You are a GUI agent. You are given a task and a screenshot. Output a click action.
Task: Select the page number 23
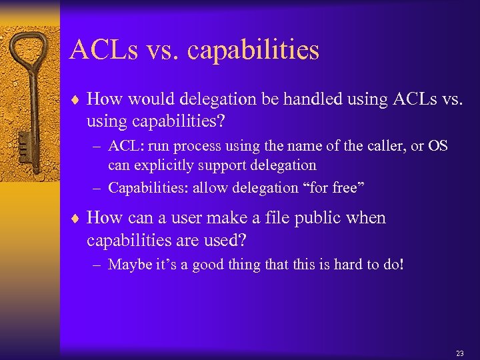point(459,353)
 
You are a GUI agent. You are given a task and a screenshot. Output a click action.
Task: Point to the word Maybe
point(128,265)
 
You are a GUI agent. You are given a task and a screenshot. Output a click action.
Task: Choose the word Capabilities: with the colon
point(148,187)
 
